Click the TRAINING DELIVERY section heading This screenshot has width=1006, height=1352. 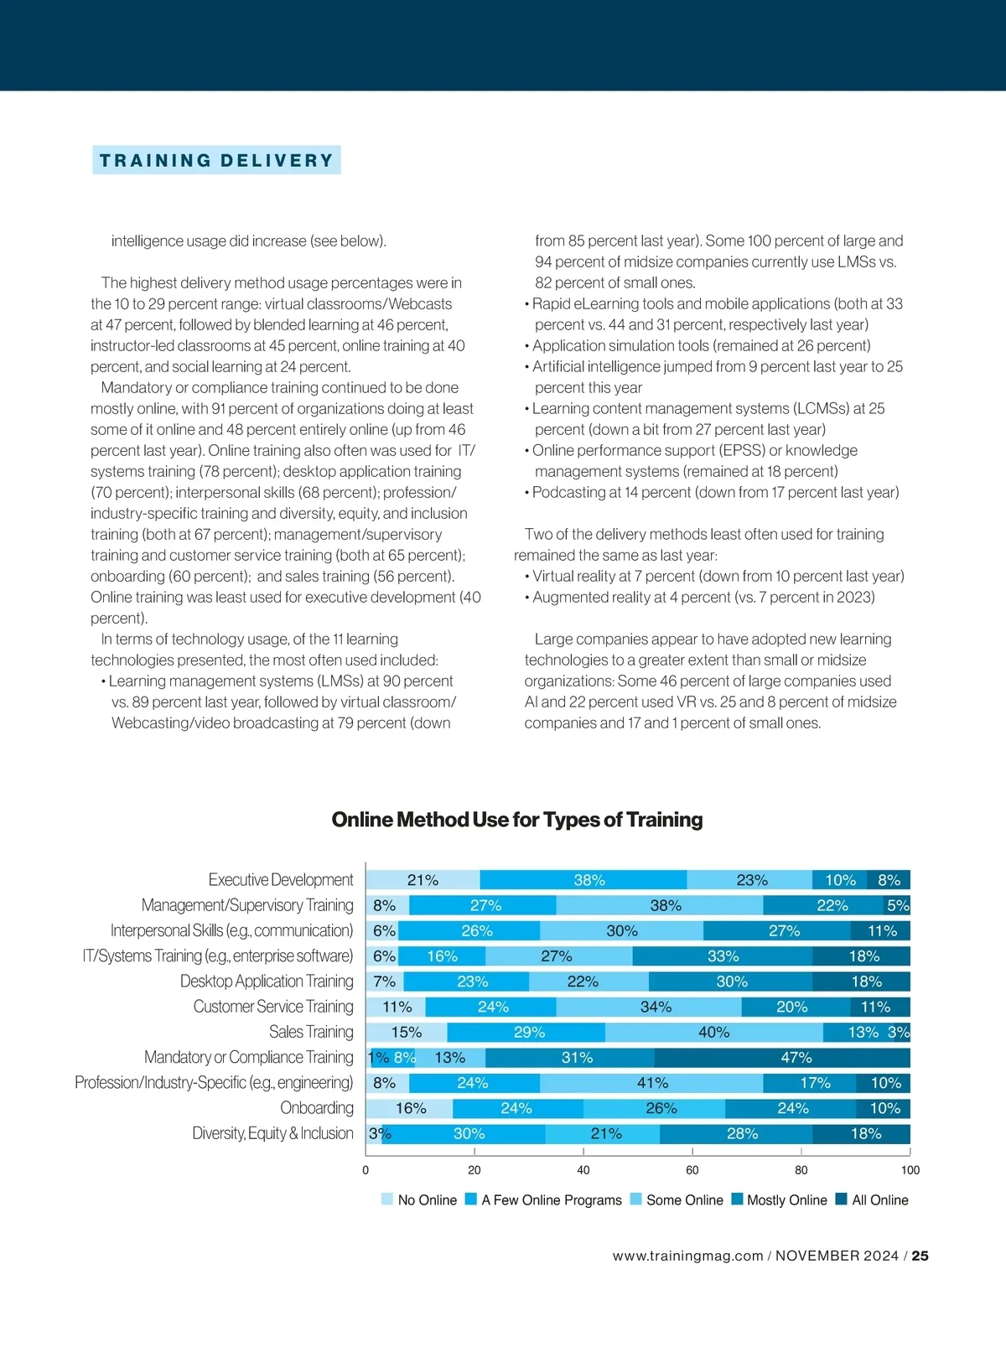216,160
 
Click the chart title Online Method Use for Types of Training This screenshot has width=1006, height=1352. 516,820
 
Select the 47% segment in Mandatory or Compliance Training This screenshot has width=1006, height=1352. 782,1058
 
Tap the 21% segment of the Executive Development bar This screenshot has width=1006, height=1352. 423,880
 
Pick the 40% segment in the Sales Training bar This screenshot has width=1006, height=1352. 713,1033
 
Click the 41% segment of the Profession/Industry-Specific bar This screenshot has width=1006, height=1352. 652,1083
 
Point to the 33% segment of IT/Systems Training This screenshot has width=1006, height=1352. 723,956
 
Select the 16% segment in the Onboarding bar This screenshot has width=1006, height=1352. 411,1108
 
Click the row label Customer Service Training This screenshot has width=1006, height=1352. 273,1007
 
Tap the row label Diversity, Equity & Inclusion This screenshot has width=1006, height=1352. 272,1133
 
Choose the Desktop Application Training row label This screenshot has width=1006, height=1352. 267,982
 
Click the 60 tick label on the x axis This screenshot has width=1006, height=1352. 692,1170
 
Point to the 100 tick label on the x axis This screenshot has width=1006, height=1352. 910,1170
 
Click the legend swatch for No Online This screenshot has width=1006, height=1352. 386,1199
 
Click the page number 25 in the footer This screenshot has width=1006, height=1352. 920,1256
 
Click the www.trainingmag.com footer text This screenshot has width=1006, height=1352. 687,1256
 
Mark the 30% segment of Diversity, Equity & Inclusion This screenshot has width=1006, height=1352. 469,1134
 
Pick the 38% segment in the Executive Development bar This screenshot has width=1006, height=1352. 589,880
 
